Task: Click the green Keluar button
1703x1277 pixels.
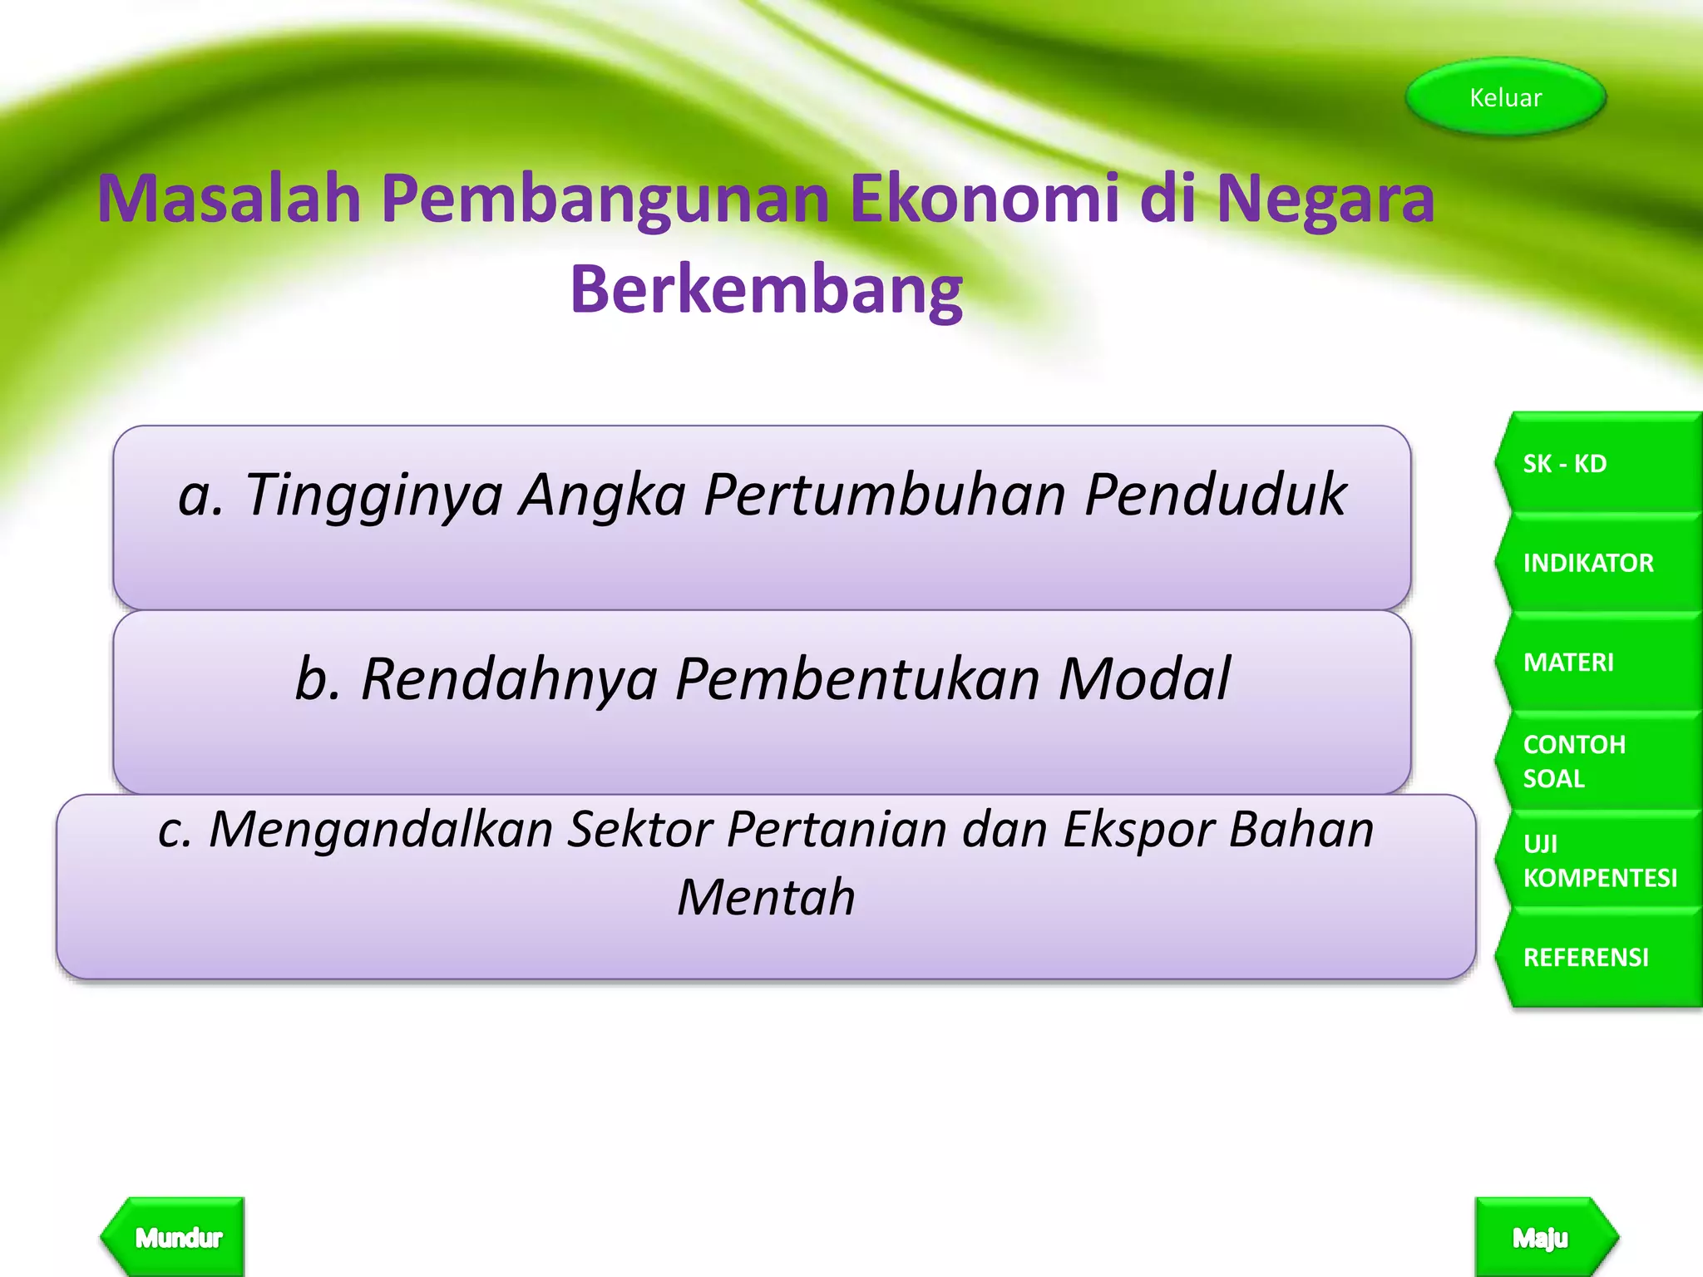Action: click(1505, 97)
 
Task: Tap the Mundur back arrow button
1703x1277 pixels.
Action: click(175, 1237)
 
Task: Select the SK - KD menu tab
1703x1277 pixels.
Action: click(1597, 463)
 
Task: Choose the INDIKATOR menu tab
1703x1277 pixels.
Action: click(1597, 563)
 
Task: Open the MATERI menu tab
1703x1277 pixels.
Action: click(1597, 662)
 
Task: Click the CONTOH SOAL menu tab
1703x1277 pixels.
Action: click(1597, 761)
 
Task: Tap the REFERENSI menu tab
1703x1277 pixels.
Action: click(1597, 957)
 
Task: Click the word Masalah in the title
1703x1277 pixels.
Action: click(230, 200)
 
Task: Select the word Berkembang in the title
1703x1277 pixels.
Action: click(766, 289)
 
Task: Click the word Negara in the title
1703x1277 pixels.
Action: click(1325, 200)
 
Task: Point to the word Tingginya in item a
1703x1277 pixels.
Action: click(373, 496)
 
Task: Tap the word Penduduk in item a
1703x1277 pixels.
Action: click(1215, 496)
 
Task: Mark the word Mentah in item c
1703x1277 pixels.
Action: click(766, 897)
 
